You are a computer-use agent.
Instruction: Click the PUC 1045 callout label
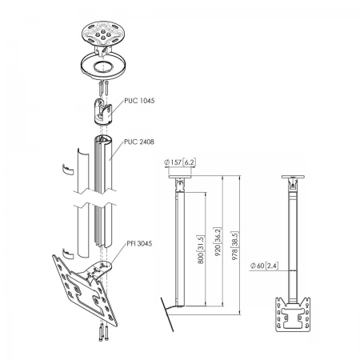tap(139, 101)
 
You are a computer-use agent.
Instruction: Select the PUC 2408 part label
tap(139, 142)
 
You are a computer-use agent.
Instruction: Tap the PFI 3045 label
tap(139, 243)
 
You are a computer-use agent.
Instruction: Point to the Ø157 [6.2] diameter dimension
tap(180, 162)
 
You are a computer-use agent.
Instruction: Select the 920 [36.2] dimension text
tap(218, 242)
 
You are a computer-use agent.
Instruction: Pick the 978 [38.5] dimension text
tap(234, 246)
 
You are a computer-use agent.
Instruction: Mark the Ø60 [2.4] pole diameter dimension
tap(264, 266)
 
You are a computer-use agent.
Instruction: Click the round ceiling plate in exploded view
tap(102, 33)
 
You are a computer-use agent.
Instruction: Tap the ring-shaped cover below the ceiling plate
tap(102, 66)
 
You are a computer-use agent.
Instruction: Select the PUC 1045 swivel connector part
tap(103, 111)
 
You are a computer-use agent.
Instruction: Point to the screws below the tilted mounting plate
tap(103, 334)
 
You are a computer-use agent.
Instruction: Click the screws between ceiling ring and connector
tap(103, 89)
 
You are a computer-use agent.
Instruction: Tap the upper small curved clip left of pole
tap(68, 170)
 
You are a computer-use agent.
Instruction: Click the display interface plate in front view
tap(293, 314)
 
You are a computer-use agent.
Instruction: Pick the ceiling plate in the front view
tap(293, 177)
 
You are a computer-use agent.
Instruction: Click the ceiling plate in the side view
tap(180, 177)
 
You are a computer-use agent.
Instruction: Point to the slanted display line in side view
tap(167, 314)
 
